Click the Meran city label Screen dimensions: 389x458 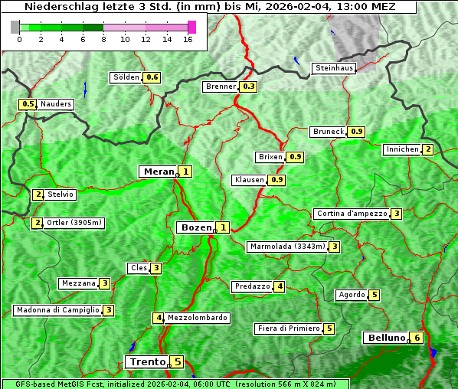(x=158, y=172)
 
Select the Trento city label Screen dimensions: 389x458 (x=147, y=361)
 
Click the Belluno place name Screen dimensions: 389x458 (x=385, y=338)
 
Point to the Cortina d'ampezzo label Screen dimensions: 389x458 (x=351, y=214)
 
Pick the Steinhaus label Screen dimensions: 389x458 (x=335, y=68)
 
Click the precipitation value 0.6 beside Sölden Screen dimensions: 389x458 (x=152, y=77)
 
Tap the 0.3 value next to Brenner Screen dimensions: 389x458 (x=248, y=87)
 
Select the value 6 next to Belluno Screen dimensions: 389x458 (x=416, y=338)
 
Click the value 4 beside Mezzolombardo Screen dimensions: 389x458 (x=159, y=318)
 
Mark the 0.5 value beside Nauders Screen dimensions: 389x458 (x=28, y=104)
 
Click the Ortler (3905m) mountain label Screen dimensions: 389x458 (x=74, y=223)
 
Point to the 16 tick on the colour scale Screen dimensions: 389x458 (x=188, y=39)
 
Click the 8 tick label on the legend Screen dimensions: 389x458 (x=103, y=39)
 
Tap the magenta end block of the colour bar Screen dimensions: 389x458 (x=191, y=27)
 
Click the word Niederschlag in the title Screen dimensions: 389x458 (x=57, y=6)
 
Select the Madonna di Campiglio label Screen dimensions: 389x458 (x=57, y=310)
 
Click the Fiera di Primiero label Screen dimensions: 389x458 (x=288, y=329)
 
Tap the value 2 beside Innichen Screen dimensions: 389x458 (x=427, y=149)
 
